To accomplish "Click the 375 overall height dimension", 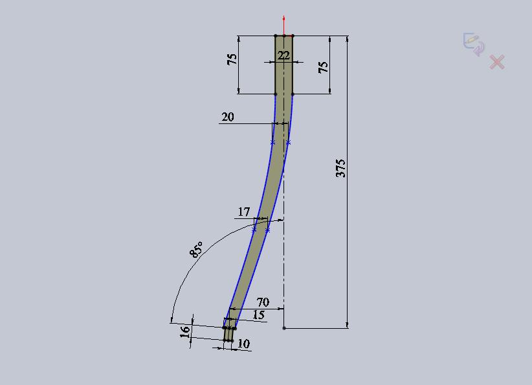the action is tap(340, 169).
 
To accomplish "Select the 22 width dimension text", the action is tap(283, 55).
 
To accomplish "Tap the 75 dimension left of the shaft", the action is tap(232, 59).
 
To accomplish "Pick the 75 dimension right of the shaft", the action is tap(324, 67).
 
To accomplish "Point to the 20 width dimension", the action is tap(228, 117).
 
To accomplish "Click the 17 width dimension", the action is tap(243, 212).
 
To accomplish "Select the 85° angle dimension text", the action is tap(197, 249).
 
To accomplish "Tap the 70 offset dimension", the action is tap(263, 302).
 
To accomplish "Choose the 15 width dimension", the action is tap(258, 315).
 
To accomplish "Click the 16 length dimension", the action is tap(184, 332).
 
